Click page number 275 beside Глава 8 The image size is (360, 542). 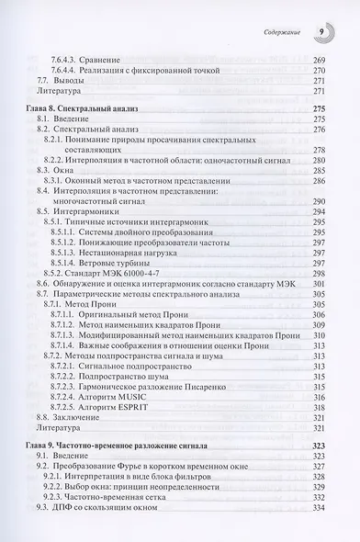[319, 108]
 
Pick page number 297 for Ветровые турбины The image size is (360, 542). [319, 264]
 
